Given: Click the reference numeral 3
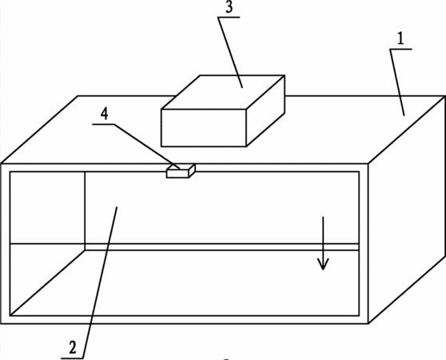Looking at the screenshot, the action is [x=229, y=7].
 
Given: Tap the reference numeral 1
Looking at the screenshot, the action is [x=400, y=38].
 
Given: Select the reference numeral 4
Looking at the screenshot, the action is [x=105, y=114].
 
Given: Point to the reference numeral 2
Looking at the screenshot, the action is [x=73, y=347].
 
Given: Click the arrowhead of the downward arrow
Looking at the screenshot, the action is [x=323, y=264].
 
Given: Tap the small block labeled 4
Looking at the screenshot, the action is [x=181, y=171].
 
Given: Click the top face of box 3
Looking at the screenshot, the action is [x=223, y=92].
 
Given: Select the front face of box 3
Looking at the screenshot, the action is [x=204, y=128].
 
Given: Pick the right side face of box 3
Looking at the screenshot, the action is [x=265, y=111].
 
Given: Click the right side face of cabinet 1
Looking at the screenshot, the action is [x=407, y=209].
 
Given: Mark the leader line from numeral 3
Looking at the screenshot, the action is [x=230, y=53].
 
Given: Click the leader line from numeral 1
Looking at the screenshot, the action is [x=397, y=82].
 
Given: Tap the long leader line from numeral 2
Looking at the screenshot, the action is [x=100, y=282].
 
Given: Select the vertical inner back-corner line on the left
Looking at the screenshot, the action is [x=85, y=211].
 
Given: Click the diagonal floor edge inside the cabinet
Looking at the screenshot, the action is [x=47, y=282].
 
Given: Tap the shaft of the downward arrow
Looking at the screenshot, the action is [x=323, y=242].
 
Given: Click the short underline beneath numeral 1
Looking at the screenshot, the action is [x=400, y=50].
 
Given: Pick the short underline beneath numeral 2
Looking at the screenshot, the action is [x=72, y=358].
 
